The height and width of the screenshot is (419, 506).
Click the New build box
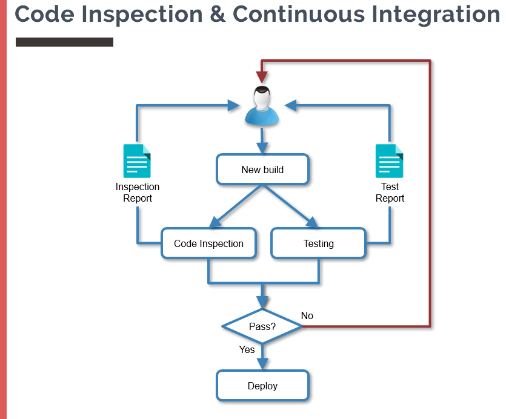262,169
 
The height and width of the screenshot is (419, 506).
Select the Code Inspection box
208,243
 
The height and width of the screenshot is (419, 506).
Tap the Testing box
318,243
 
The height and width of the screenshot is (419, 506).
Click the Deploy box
262,386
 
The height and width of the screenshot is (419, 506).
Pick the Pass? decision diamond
262,326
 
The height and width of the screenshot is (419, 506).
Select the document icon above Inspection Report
137,161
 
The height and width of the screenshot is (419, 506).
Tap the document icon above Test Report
389,161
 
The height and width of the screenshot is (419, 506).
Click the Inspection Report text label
138,193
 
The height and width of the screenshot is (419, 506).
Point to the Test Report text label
390,193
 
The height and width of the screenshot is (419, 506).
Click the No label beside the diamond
307,315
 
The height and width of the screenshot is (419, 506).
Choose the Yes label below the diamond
247,349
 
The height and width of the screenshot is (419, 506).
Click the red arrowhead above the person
262,77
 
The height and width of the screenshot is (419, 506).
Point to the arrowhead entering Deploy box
262,363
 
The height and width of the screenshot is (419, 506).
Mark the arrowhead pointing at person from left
234,106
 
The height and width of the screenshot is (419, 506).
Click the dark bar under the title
64,42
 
